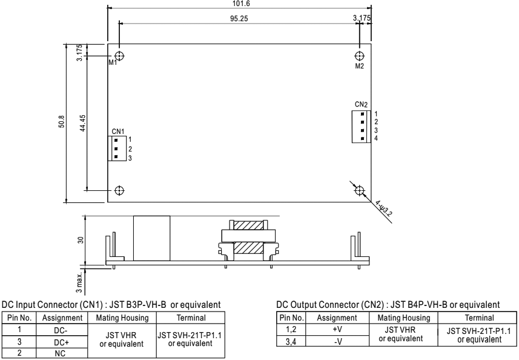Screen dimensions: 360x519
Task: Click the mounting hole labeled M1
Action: (119, 56)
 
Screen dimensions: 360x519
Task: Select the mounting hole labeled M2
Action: (360, 56)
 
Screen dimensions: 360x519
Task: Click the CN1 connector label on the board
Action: (118, 131)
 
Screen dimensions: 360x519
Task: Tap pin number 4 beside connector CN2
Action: (376, 139)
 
